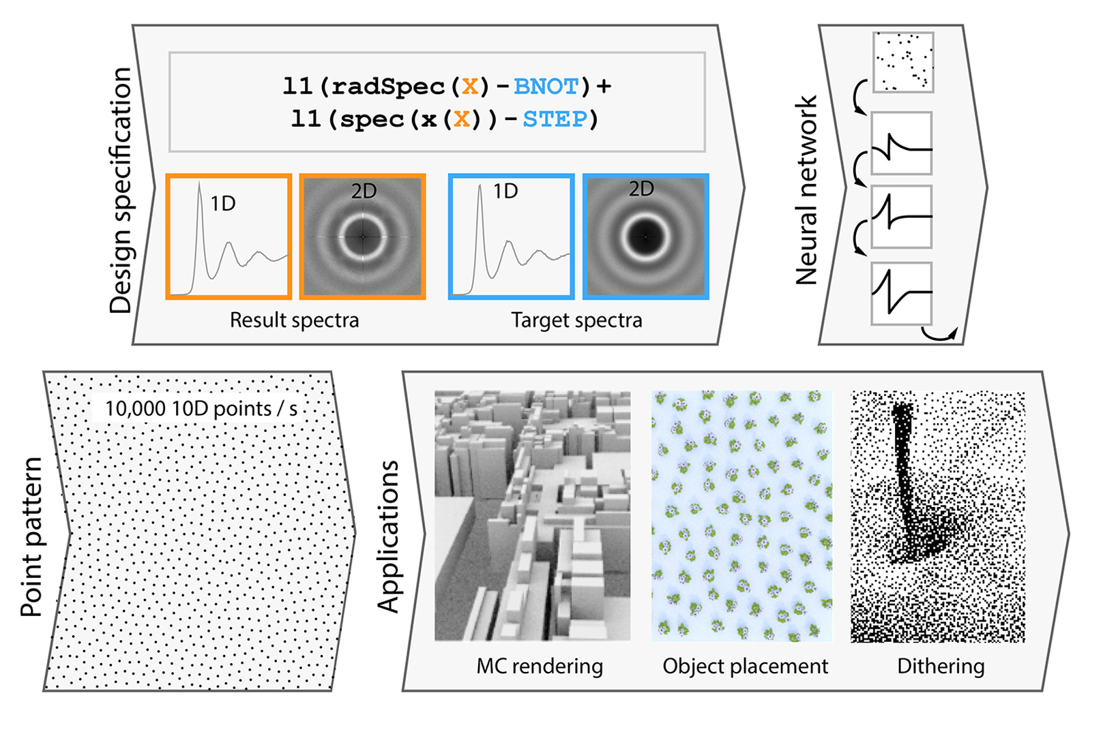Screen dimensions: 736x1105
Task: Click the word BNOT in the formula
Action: point(546,87)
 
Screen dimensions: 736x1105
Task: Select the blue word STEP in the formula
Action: point(555,119)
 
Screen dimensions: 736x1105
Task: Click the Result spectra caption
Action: point(294,320)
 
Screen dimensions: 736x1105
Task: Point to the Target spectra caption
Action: point(576,320)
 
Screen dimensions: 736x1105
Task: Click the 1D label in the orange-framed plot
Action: point(223,203)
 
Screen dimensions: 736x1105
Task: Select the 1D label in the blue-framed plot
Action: point(505,191)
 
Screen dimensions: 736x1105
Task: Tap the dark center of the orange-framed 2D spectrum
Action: point(363,236)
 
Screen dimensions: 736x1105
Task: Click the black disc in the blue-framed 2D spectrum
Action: point(645,236)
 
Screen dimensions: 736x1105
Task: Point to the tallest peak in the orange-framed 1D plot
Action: point(199,187)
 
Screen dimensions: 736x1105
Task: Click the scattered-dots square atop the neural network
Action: point(903,62)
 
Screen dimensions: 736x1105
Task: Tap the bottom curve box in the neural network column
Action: point(902,293)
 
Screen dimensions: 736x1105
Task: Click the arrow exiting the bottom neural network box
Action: point(941,334)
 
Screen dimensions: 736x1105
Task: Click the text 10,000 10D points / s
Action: point(201,408)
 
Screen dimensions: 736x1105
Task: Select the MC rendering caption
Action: point(540,666)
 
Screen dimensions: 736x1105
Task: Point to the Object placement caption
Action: point(746,666)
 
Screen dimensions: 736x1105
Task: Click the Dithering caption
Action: point(941,666)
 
